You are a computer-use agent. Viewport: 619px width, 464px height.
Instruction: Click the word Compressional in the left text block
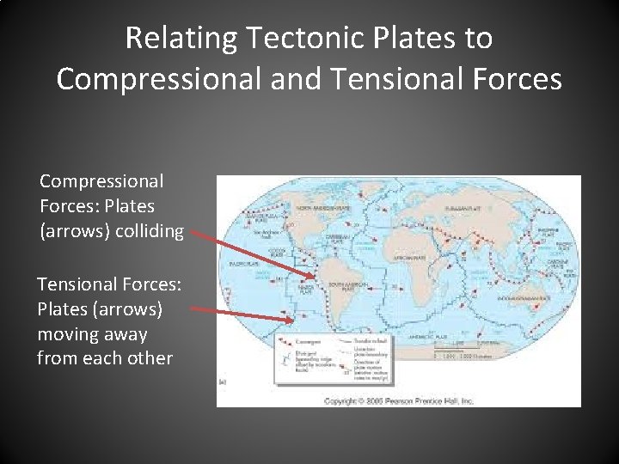pyautogui.click(x=101, y=181)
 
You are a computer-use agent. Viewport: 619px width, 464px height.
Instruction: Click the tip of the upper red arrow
pyautogui.click(x=316, y=277)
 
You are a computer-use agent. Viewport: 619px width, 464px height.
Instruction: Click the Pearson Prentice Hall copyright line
pyautogui.click(x=398, y=401)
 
